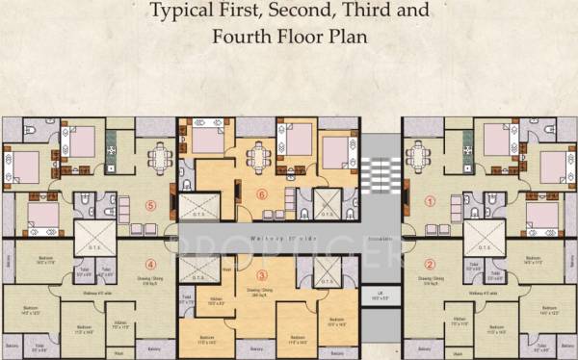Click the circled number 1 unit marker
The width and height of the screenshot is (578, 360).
point(430,202)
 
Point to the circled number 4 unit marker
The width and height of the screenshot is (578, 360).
point(149,264)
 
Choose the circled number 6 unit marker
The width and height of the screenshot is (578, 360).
point(261,193)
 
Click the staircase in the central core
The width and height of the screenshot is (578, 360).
point(380,178)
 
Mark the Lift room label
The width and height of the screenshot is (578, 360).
point(381,297)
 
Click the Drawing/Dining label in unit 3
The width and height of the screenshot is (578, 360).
point(258,294)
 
